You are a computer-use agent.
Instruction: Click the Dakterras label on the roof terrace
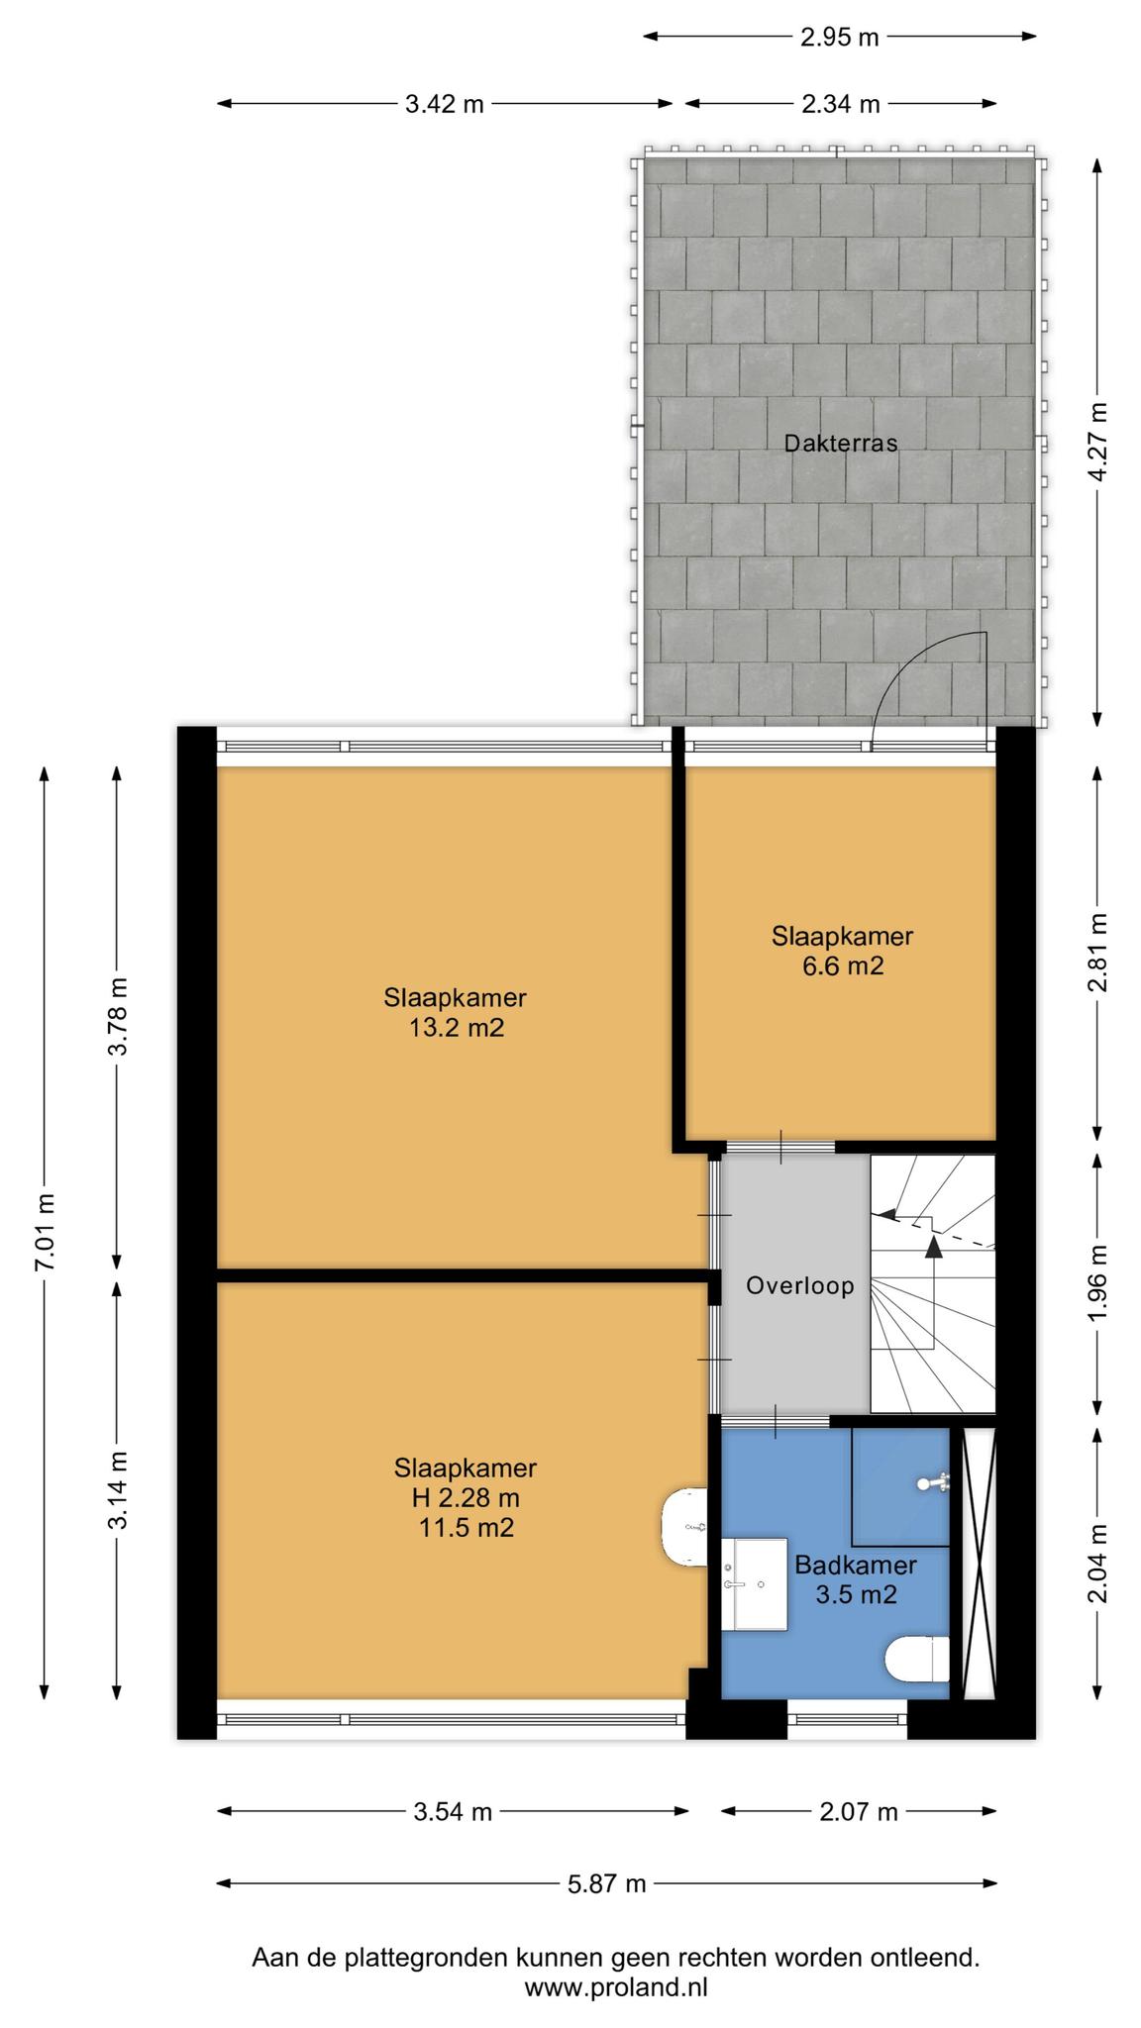click(x=840, y=443)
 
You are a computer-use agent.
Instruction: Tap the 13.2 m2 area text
click(x=456, y=1028)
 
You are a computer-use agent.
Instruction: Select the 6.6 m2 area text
click(x=842, y=965)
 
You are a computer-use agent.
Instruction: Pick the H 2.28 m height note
click(x=466, y=1497)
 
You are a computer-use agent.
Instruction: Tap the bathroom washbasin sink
click(x=754, y=1583)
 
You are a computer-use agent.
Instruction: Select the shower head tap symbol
click(x=935, y=1482)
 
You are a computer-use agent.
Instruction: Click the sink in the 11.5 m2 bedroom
click(x=684, y=1527)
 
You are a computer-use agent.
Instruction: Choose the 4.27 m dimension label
click(x=1096, y=443)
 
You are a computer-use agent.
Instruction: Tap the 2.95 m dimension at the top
click(x=839, y=38)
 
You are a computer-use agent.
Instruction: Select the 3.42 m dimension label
click(x=444, y=104)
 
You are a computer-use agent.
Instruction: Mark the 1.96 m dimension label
click(x=1096, y=1282)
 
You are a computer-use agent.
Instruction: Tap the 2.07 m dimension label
click(x=858, y=1811)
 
